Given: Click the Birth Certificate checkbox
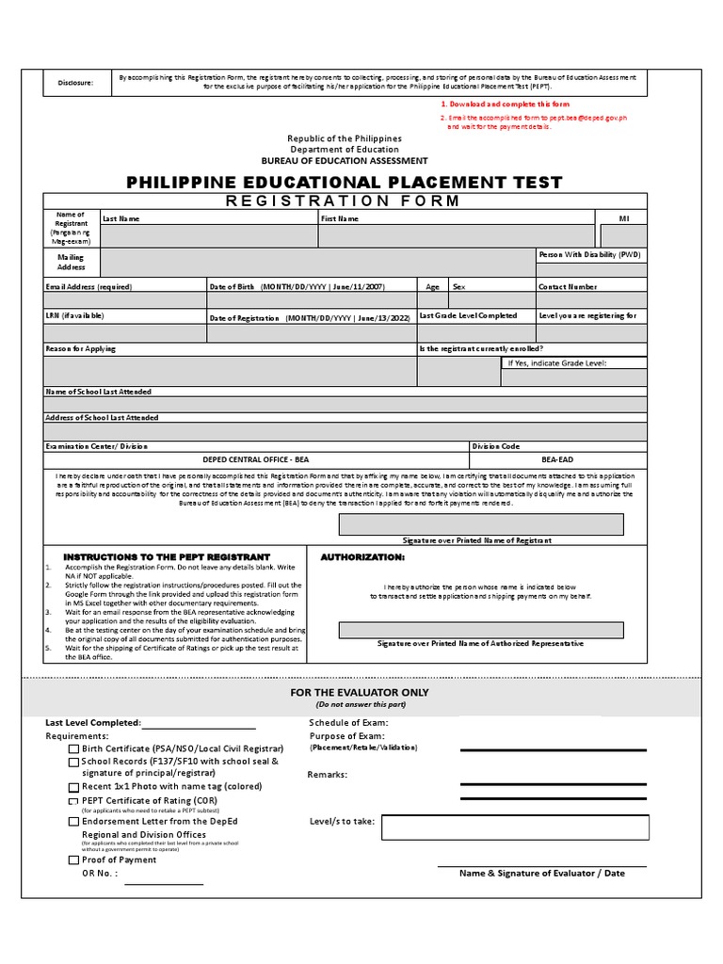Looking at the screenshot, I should [x=74, y=749].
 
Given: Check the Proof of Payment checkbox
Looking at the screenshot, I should [x=74, y=860].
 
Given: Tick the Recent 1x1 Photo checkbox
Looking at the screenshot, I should [x=74, y=787].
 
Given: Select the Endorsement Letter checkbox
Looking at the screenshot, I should [x=74, y=822].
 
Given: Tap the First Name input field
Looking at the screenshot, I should [x=456, y=235].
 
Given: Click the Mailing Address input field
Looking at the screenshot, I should [x=317, y=262].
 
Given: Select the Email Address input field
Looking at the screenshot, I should [x=124, y=300].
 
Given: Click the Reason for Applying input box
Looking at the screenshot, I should [x=230, y=371].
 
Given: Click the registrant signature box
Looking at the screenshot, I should [x=481, y=524].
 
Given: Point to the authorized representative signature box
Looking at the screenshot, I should [x=481, y=630].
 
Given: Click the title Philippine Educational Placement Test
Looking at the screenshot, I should [x=345, y=182].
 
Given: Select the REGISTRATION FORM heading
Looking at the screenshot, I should [x=344, y=201].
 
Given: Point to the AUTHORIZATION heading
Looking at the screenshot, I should [x=362, y=557].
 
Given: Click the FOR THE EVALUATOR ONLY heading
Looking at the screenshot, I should [x=359, y=692].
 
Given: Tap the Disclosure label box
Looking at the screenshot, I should [x=74, y=83].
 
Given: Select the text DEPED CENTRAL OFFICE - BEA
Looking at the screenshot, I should [x=256, y=459].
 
